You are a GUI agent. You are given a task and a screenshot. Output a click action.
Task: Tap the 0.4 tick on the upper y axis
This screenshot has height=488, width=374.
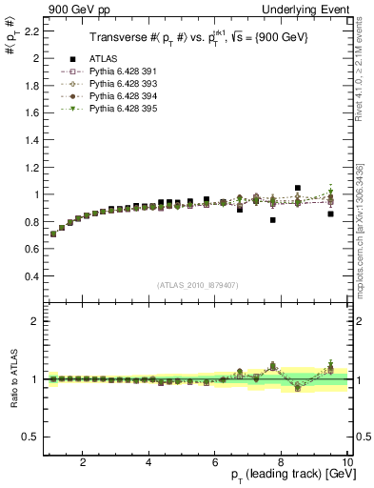click(x=30, y=276)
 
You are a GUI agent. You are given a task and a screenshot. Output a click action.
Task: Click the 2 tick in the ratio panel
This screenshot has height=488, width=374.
click(x=34, y=321)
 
